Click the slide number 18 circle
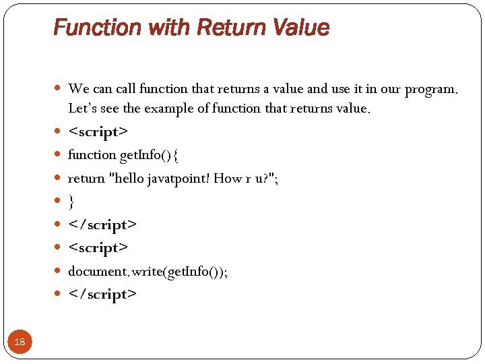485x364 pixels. pos(20,342)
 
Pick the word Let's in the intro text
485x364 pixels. pos(84,108)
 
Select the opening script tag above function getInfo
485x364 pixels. pos(98,131)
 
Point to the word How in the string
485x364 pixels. pos(228,178)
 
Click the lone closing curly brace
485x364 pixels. pos(71,201)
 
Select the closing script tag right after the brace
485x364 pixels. pos(102,224)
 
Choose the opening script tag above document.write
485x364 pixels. pos(98,247)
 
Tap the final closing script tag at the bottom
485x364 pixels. pos(102,294)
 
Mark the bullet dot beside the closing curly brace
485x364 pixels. pos(58,201)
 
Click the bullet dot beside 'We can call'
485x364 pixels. pos(58,89)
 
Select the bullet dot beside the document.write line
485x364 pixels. pos(58,271)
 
